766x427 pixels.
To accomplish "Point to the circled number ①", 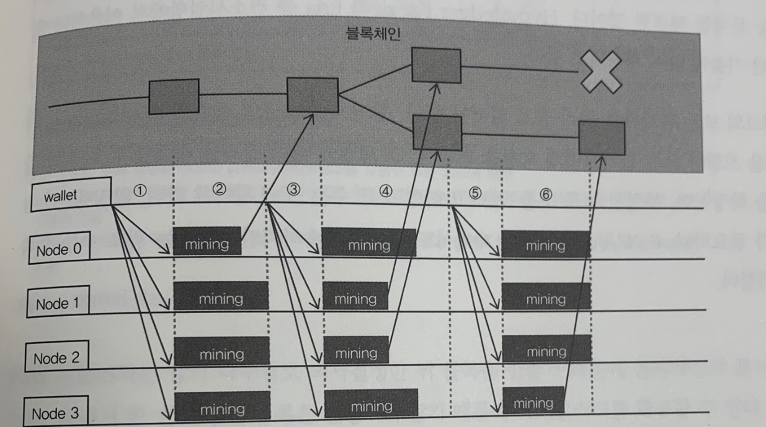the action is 140,191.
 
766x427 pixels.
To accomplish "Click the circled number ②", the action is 219,190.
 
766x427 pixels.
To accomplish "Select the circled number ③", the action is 294,190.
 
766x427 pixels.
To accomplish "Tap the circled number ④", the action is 386,191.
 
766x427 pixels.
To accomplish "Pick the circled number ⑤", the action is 475,193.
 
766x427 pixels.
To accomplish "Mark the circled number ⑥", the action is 546,193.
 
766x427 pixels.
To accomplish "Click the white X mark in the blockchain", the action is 600,71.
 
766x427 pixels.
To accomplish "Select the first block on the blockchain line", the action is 174,96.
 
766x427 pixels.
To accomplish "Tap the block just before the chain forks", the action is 313,95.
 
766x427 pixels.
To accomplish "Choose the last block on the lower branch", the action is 602,138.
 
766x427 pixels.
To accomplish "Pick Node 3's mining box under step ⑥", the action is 533,403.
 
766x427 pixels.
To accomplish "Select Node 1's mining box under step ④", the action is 355,299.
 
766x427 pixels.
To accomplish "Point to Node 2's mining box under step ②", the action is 221,354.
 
